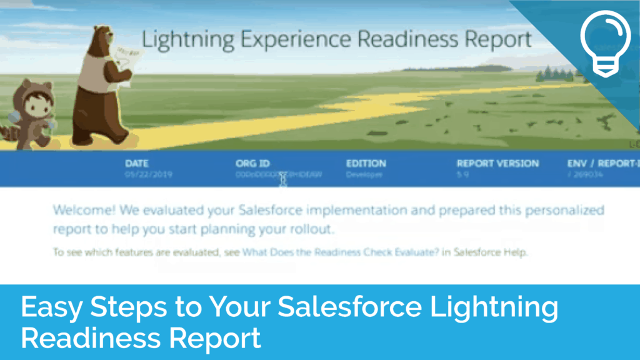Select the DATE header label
(137, 163)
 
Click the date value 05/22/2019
(148, 175)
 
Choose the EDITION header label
(366, 163)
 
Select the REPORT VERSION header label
(497, 163)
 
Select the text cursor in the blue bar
(283, 179)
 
